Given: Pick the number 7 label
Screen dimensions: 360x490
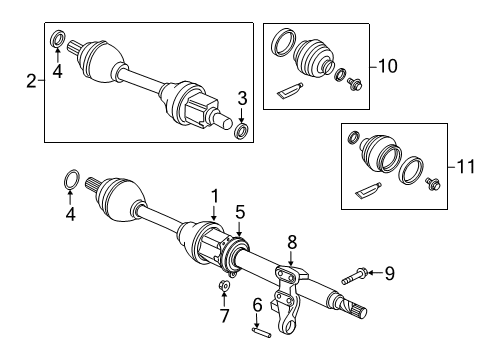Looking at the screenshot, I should click(x=224, y=317).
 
